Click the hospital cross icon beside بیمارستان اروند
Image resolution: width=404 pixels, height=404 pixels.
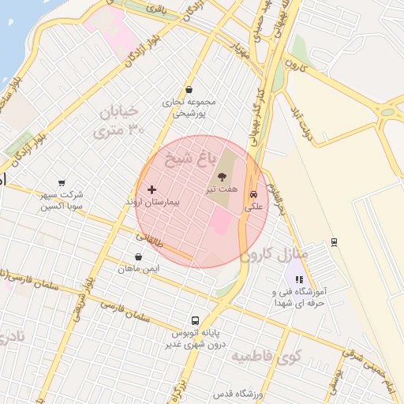(x=151, y=189)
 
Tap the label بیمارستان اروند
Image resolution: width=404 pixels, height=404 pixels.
(x=153, y=203)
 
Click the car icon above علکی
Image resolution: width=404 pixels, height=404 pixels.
(x=252, y=193)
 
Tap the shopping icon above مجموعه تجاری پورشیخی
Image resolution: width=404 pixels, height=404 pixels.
(x=189, y=90)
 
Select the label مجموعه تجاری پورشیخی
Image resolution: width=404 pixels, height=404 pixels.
(x=189, y=107)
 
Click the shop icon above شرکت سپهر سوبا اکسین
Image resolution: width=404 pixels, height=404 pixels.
(x=62, y=182)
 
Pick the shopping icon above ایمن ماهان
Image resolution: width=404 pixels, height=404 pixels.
(x=139, y=256)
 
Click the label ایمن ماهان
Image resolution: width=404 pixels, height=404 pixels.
(x=140, y=269)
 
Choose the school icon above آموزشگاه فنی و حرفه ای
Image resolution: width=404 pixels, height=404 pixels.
(x=298, y=279)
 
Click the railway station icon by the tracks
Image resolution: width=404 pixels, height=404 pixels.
(x=334, y=241)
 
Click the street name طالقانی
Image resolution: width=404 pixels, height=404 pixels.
(x=150, y=238)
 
